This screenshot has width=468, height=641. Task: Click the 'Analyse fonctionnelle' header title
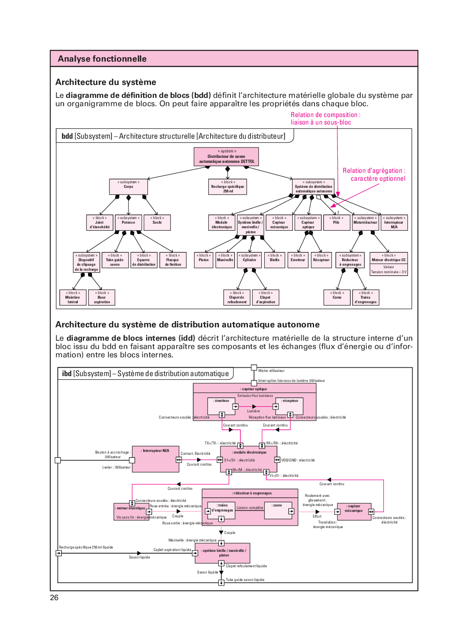point(102,59)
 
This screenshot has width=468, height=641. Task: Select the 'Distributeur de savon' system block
point(226,157)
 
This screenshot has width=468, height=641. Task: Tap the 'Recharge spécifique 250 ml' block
point(228,187)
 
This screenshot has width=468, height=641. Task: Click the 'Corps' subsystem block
point(129,187)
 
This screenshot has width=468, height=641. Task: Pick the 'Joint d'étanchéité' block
point(99,222)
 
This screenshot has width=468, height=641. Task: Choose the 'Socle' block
point(157,222)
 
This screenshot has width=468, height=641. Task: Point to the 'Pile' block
point(336,222)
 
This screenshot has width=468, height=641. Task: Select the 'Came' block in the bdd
point(337,297)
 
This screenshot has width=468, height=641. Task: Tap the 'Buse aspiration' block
point(102,297)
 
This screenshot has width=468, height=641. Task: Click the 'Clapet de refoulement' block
point(237,297)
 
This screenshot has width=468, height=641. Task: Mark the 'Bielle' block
point(275,260)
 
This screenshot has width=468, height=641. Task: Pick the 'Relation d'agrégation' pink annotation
point(374,175)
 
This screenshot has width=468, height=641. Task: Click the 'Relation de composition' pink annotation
point(325,118)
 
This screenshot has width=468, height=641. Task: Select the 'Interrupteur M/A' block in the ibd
point(155,459)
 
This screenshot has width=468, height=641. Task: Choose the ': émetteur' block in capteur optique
point(221,405)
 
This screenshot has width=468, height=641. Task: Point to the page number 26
point(54,598)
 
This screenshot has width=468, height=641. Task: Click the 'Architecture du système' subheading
point(106,82)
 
